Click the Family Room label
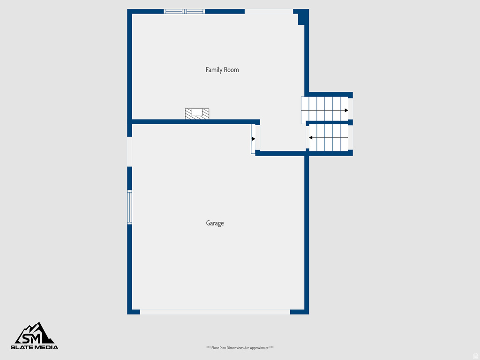click(x=222, y=70)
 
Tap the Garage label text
click(x=215, y=223)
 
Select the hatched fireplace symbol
click(x=197, y=113)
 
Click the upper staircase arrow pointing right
click(x=346, y=110)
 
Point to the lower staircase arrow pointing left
click(x=311, y=138)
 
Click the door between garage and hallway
click(x=254, y=139)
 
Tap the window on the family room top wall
click(x=184, y=11)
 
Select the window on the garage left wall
click(x=129, y=207)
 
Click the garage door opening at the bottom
click(x=215, y=312)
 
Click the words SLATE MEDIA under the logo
click(x=35, y=347)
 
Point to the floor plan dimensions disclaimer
click(x=240, y=348)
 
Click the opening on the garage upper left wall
click(x=129, y=151)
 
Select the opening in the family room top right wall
click(x=269, y=11)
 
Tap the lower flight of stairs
click(x=328, y=137)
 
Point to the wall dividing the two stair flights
click(x=328, y=122)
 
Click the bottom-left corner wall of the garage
click(x=134, y=312)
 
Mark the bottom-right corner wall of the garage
click(x=300, y=312)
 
